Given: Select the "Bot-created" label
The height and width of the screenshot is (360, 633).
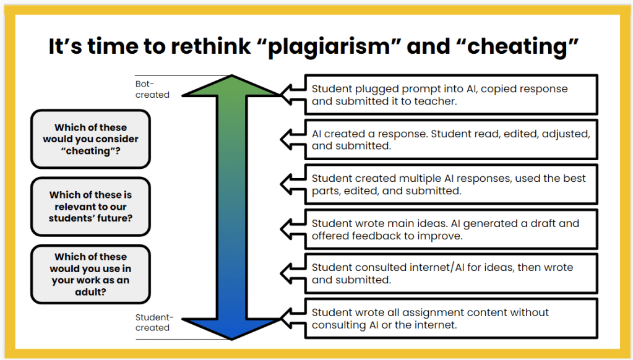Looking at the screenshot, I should pos(152,89).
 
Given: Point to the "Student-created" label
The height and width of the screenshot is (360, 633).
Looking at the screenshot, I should pos(154,322).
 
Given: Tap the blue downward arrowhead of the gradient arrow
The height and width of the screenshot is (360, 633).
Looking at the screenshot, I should pos(232,325).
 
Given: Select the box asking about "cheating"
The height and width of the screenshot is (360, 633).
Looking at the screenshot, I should pos(90,139).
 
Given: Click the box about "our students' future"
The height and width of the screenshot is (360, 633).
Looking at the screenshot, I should pos(90,207).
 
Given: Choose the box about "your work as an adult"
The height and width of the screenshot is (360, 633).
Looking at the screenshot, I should pos(90,274).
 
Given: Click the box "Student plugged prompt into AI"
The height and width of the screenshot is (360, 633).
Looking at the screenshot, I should pos(451,95).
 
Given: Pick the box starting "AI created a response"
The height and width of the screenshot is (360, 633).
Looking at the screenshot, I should pos(451,139).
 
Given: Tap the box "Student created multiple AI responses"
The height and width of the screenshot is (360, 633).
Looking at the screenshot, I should pos(451,184).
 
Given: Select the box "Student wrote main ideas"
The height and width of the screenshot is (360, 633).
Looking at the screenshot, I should pos(451,229).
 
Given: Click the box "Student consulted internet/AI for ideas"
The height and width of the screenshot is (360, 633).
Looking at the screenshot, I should pos(451,273).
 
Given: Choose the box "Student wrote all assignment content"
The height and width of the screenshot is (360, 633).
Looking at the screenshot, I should pos(451,319).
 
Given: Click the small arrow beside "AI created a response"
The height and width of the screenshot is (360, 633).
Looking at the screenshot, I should pos(291,139).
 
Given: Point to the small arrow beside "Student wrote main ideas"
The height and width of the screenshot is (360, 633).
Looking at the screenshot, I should pos(291,229).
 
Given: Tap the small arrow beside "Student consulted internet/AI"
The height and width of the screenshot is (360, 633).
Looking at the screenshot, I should pos(291,273).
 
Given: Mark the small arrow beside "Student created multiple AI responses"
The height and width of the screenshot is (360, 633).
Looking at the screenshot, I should pos(291,184).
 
